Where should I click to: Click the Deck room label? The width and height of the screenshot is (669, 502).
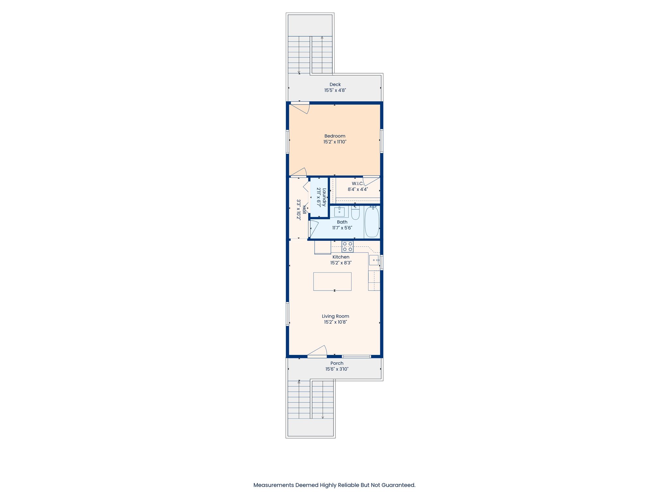click(335, 84)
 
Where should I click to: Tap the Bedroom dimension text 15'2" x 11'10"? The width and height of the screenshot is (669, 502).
click(335, 142)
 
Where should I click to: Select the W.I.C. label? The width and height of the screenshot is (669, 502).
click(357, 183)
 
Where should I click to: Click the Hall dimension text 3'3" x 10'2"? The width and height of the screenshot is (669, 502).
click(298, 209)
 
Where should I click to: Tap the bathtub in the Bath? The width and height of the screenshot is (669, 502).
click(372, 222)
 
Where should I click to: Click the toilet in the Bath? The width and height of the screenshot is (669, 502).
click(355, 213)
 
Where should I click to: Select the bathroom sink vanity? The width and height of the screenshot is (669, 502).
click(339, 212)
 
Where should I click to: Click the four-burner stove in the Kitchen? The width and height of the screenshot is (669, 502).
click(348, 246)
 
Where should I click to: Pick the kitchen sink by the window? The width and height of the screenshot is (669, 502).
click(374, 260)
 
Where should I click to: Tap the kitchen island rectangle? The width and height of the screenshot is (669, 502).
click(332, 281)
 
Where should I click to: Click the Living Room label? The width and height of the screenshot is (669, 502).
click(335, 316)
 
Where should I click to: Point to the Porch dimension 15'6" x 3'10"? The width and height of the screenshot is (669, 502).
click(337, 369)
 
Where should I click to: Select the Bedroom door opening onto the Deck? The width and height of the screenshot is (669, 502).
click(301, 108)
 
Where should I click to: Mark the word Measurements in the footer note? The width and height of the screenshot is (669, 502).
click(273, 485)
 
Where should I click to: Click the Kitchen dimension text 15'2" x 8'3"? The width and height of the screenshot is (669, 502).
click(341, 263)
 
